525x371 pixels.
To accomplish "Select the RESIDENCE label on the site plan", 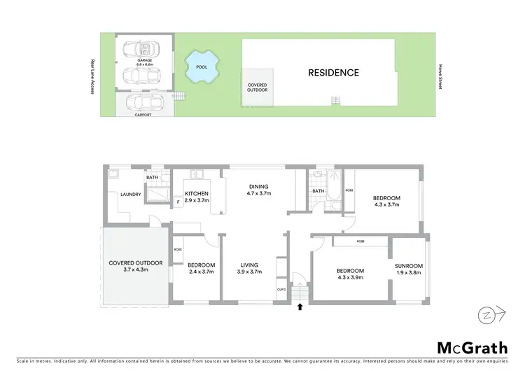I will pos(334,72).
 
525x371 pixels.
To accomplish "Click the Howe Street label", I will pos(440,73).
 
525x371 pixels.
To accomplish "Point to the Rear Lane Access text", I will pos(92,76).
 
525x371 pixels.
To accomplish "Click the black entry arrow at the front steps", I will pos(300,306).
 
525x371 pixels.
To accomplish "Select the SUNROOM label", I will pos(408,267).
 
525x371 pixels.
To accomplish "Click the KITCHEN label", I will pos(196,194).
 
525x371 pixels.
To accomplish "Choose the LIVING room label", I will pos(249,265).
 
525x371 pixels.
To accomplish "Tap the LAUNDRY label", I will pos(131,195).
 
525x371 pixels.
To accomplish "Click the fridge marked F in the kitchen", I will pos(178,202).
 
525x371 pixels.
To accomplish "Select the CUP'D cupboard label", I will pos(281,288).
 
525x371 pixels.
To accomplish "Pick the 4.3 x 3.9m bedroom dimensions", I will pos(350,277).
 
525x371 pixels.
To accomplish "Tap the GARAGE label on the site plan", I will pos(145,61).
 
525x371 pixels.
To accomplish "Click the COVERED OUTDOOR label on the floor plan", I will pos(135,263).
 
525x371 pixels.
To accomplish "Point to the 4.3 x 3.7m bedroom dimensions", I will pos(386,206).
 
